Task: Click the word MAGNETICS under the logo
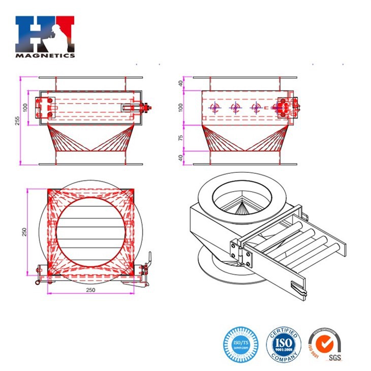pos(45,55)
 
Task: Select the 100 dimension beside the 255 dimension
pos(25,107)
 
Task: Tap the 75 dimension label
pos(181,137)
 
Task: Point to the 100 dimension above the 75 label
pos(181,107)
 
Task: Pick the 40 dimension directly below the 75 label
pos(181,158)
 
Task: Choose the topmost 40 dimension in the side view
pos(181,83)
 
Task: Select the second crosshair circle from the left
pos(235,107)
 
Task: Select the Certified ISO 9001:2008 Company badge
pos(284,344)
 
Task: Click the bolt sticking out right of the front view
pos(148,107)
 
